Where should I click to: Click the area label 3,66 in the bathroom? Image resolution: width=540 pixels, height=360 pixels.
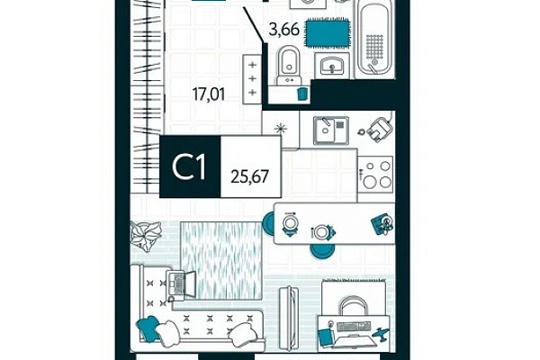coord(283,30)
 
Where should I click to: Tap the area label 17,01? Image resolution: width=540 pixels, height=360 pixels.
coord(209,94)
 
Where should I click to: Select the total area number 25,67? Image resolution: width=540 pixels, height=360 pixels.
coord(249,176)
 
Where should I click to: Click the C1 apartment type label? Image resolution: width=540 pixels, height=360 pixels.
coord(189,167)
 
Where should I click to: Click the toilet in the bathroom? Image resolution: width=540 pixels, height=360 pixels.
coord(289,66)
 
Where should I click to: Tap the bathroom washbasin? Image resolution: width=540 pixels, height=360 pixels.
coord(332,66)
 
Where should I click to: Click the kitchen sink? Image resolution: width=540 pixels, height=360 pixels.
coord(330,130)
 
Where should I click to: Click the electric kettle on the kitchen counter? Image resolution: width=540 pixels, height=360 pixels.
coord(379,130)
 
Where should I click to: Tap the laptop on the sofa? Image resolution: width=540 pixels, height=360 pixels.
coord(181,283)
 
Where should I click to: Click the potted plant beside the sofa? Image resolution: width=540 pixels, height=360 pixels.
coord(146,235)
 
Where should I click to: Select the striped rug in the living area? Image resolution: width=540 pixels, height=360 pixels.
coord(221,260)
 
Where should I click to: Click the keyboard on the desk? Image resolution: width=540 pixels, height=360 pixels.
coord(354,326)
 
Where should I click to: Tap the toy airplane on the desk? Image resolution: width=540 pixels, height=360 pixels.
coord(381,334)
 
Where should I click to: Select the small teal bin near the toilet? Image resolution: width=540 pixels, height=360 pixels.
coord(302,94)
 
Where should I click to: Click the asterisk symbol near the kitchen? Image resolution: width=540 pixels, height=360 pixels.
coord(281,130)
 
